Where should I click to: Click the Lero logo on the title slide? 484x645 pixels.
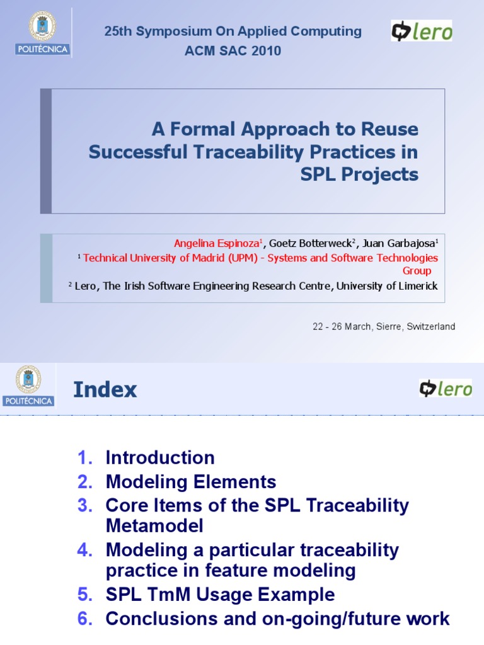421,31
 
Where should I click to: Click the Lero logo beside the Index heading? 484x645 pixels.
446,389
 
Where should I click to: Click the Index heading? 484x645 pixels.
105,390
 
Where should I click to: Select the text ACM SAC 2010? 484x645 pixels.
233,51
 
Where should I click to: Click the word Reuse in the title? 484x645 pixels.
389,130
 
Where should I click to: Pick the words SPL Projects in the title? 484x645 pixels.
359,174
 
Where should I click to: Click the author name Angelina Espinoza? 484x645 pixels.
216,244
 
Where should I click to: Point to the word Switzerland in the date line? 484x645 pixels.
430,326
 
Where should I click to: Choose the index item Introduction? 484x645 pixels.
160,457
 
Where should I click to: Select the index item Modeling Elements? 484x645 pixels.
191,482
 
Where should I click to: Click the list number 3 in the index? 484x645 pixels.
84,505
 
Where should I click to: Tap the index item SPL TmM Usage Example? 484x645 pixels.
220,594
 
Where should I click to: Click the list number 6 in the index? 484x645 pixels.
84,619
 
